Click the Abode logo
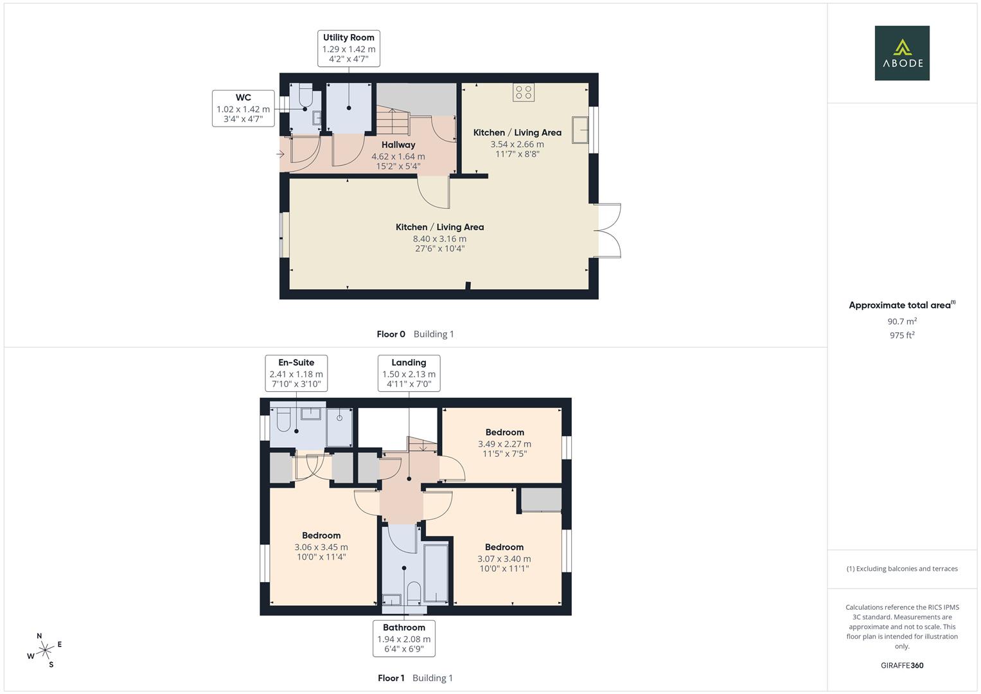(x=901, y=53)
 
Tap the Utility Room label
(x=348, y=38)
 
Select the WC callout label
(x=243, y=98)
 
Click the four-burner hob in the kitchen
(x=523, y=93)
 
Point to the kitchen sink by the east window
(x=581, y=130)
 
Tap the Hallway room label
(x=398, y=145)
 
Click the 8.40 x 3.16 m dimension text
(x=439, y=238)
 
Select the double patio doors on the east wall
(x=608, y=231)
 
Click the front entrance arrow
(x=280, y=154)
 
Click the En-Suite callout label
(x=296, y=362)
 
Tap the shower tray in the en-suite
(x=339, y=426)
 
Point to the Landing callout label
(x=409, y=362)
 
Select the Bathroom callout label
(x=403, y=628)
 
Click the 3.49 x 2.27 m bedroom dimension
(x=504, y=443)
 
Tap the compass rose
(x=45, y=650)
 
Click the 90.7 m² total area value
(x=901, y=321)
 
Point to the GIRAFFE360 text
(x=901, y=665)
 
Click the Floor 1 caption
(x=391, y=678)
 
